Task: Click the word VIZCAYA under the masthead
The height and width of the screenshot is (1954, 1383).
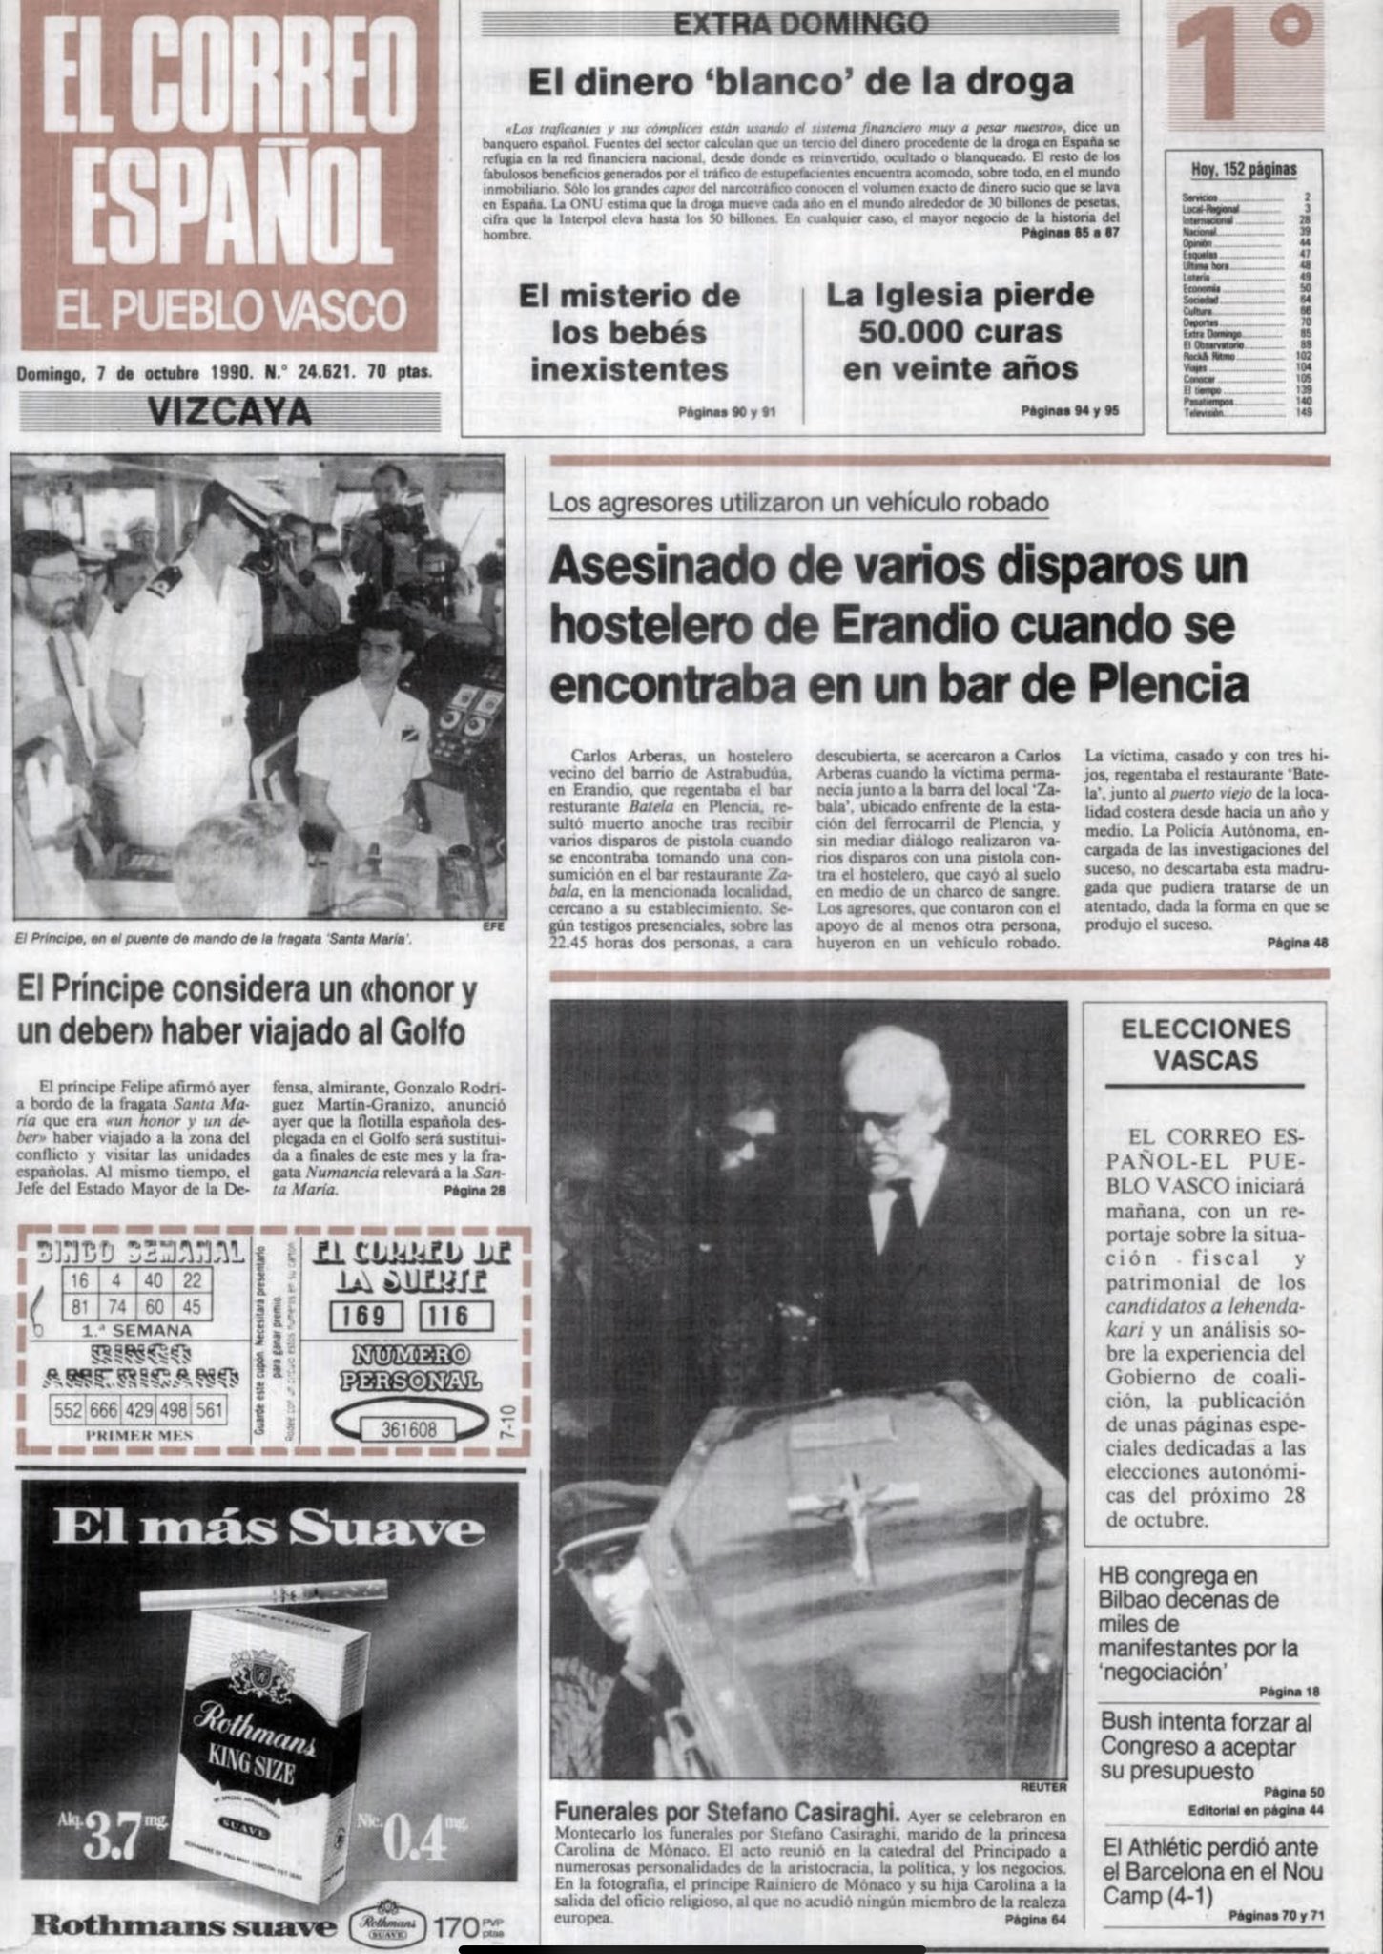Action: point(230,411)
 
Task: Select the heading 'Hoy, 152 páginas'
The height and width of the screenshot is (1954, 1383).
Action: point(1244,170)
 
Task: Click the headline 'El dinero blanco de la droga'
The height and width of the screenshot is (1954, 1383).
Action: point(801,81)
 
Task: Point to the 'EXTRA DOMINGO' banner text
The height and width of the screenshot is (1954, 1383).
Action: point(800,24)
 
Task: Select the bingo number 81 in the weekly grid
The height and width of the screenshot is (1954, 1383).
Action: point(79,1306)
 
